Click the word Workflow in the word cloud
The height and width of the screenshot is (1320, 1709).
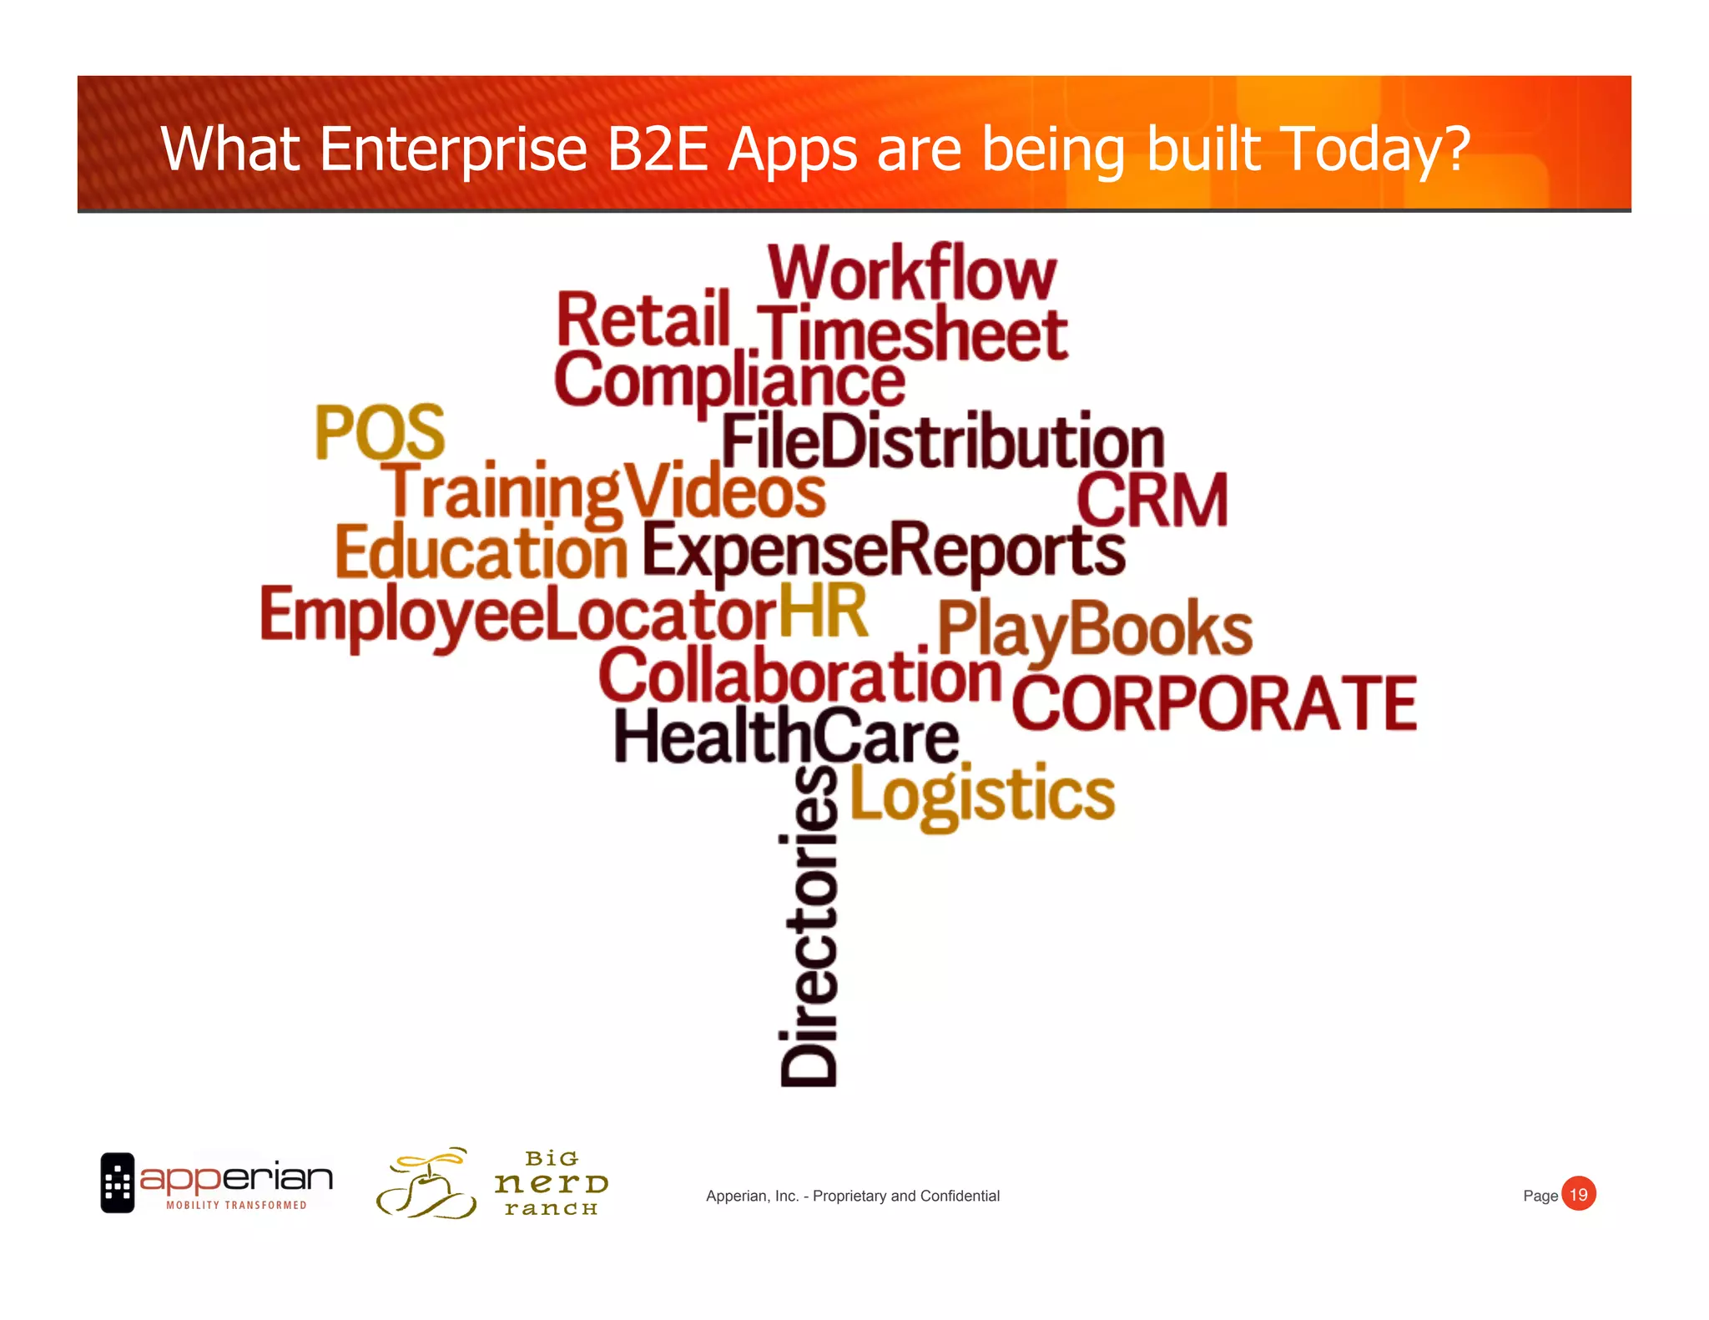click(912, 273)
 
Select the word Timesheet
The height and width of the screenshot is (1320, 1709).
click(913, 334)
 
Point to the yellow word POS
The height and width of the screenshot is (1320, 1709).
click(380, 432)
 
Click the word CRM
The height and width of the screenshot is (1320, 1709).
click(1152, 500)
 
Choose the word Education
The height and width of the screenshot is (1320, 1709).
click(481, 552)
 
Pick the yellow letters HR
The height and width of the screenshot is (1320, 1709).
click(823, 611)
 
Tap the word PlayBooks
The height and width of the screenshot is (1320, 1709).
click(1095, 628)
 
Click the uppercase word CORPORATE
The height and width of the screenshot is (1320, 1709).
click(1215, 703)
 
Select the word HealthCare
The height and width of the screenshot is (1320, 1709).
click(787, 736)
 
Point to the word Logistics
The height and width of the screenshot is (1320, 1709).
click(982, 794)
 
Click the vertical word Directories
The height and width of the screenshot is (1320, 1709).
click(809, 926)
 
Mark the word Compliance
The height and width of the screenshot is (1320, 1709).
click(729, 380)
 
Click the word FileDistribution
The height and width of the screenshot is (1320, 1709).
click(943, 441)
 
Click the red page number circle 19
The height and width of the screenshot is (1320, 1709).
click(1578, 1194)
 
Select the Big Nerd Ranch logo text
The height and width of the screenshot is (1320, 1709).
click(552, 1183)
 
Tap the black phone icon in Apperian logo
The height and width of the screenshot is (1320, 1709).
click(118, 1182)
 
